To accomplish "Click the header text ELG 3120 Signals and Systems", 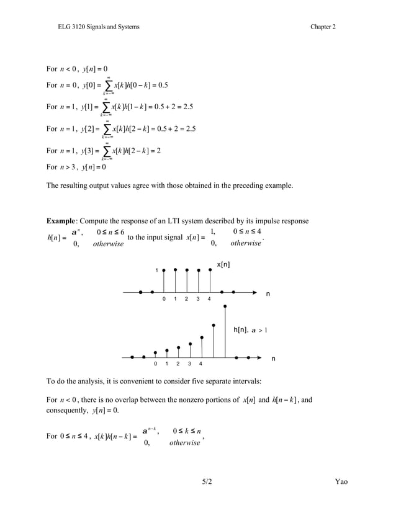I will point(99,27).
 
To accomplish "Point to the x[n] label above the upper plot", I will point(224,265).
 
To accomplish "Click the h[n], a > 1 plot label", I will point(250,330).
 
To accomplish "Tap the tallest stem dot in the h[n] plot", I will point(225,306).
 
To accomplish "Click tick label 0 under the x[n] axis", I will point(164,300).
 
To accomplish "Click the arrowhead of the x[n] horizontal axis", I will point(254,291).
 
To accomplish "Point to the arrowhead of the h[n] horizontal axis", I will point(259,357).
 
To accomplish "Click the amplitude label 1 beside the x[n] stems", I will point(156,270).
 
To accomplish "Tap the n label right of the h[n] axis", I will point(273,359).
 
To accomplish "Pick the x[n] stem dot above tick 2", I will point(187,270).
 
